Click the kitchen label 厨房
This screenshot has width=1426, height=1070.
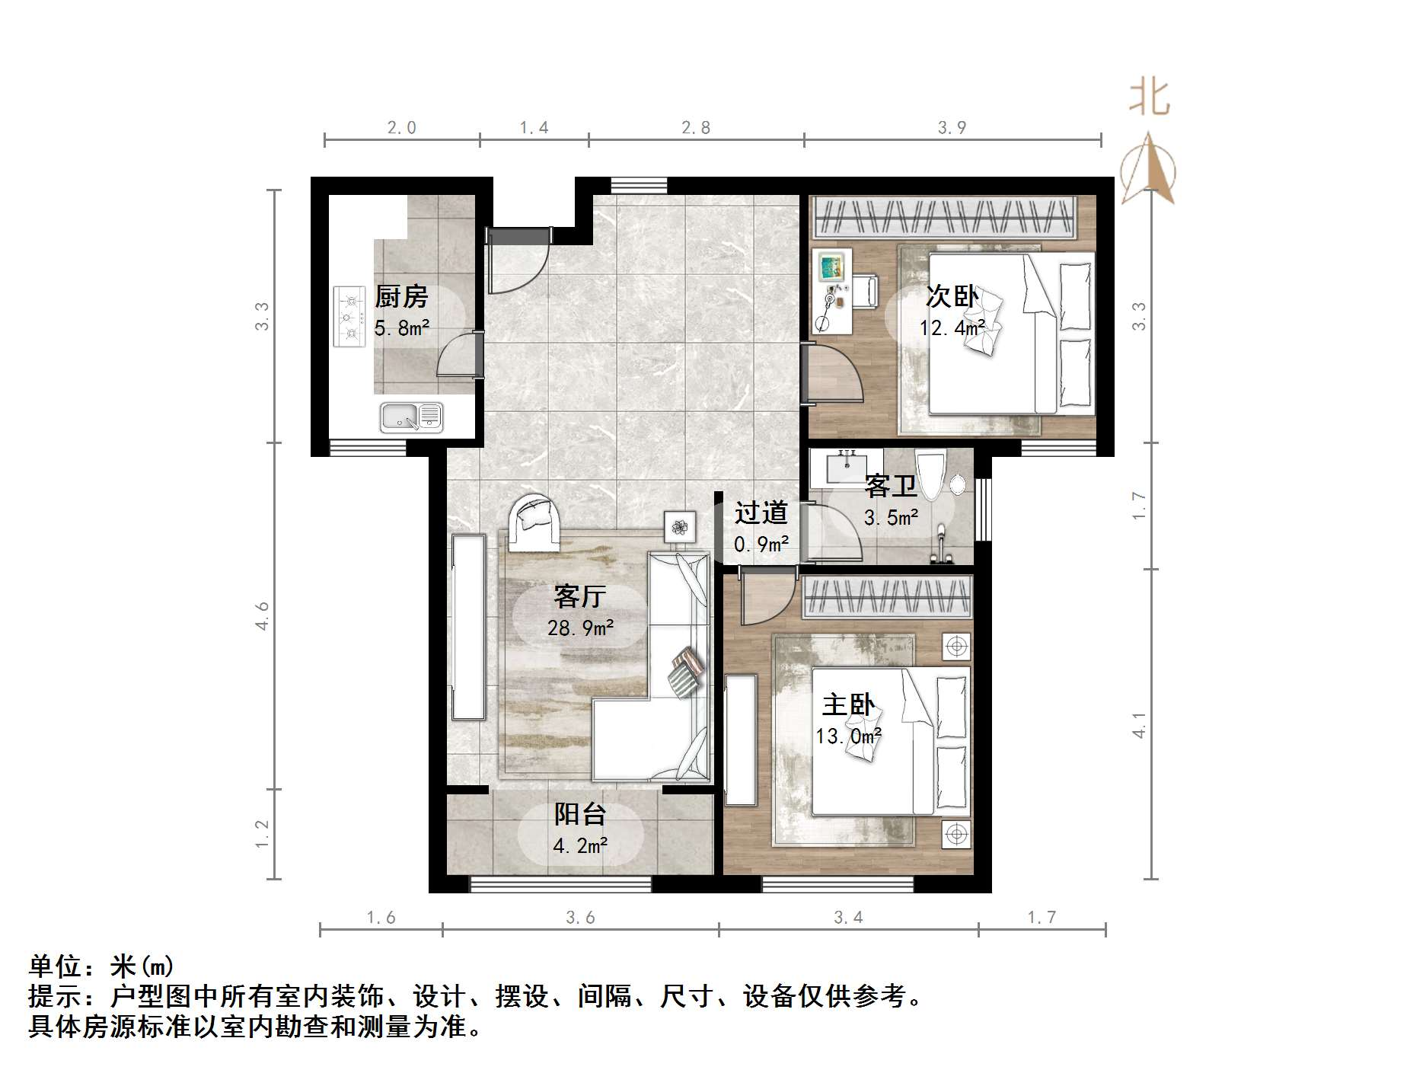click(401, 296)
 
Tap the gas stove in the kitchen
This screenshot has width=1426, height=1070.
click(349, 316)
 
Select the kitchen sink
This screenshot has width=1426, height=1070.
click(411, 417)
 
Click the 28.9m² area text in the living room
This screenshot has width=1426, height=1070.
click(580, 628)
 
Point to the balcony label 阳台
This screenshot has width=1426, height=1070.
click(579, 814)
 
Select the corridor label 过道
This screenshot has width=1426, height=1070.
click(760, 513)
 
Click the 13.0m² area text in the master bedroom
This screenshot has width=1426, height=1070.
click(848, 736)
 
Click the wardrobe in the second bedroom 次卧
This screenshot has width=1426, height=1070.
click(944, 216)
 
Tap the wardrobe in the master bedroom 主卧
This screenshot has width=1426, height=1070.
click(887, 596)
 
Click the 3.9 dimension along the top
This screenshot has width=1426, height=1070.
click(952, 128)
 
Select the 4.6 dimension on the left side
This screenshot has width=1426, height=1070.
click(262, 615)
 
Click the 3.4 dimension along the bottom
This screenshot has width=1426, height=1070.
click(847, 918)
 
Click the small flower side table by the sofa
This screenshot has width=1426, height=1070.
click(679, 526)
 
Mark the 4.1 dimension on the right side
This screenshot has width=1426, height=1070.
click(1139, 725)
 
